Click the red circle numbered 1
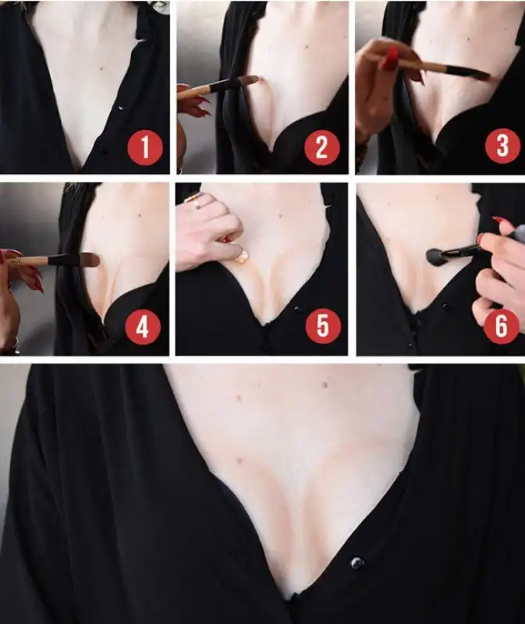145,147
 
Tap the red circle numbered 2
322,147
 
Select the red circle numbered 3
502,145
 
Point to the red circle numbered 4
143,327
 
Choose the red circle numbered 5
323,326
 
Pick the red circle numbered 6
502,326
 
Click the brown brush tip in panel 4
90,260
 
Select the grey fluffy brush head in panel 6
435,256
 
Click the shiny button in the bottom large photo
357,562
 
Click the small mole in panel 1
101,69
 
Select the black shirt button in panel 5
296,309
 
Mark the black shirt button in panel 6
445,307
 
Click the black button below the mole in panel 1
103,151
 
